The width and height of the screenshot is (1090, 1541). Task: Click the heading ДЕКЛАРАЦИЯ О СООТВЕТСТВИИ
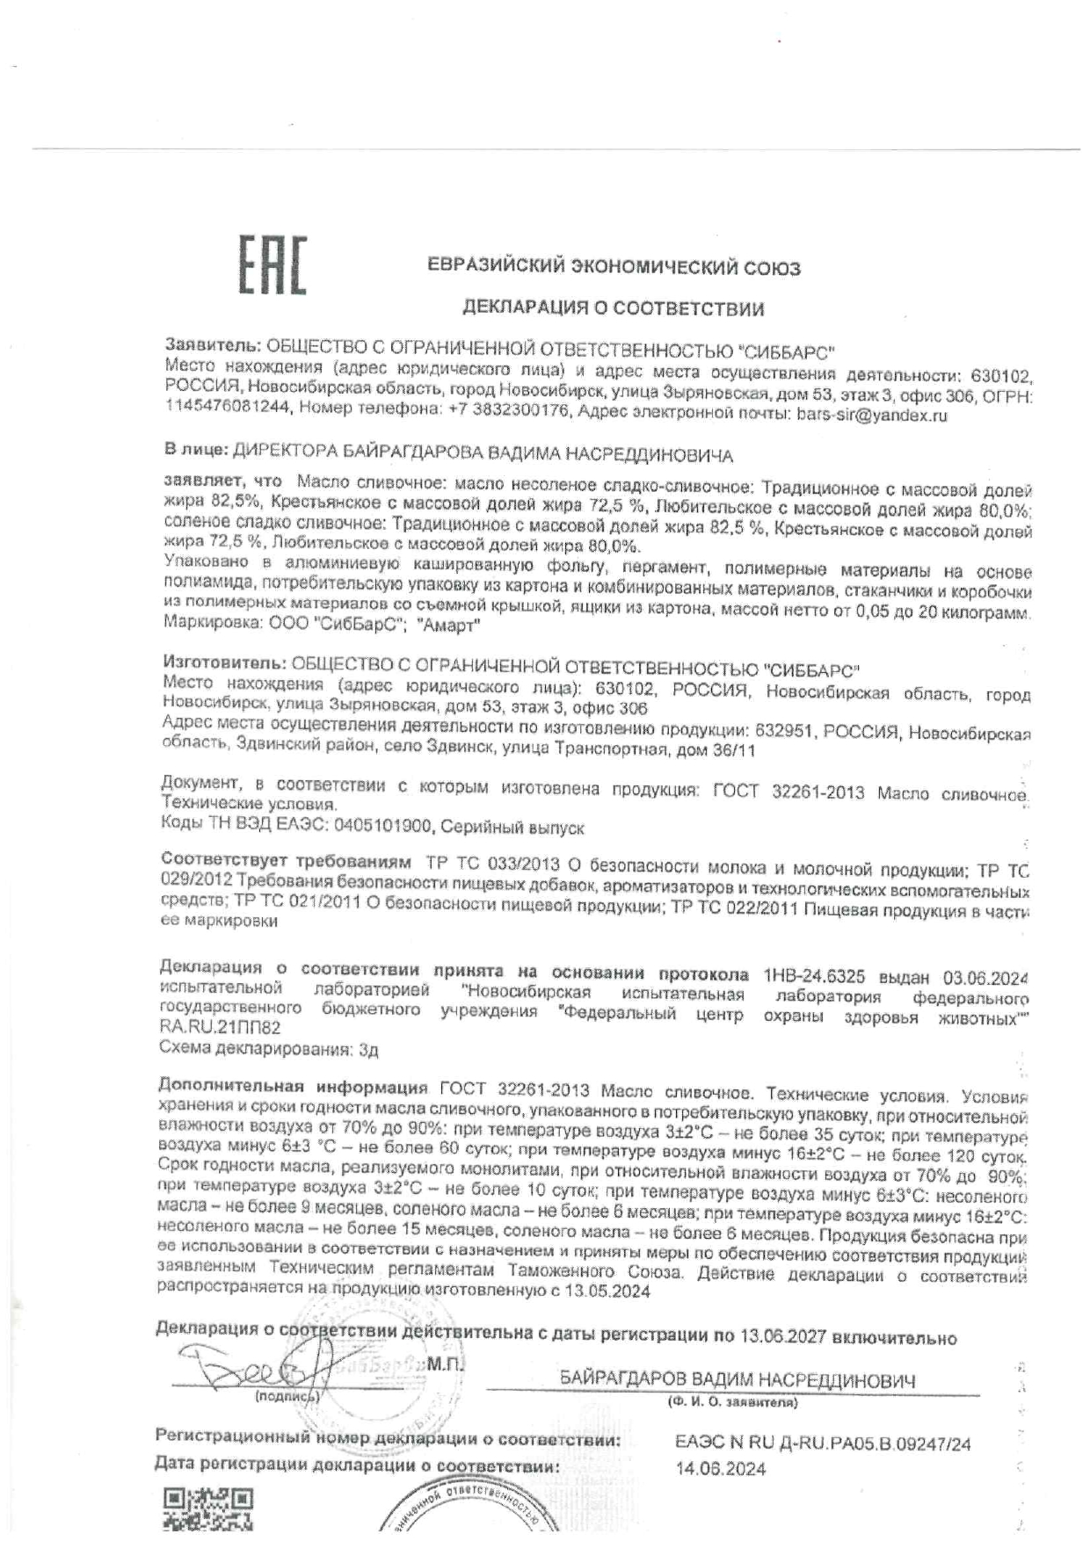[614, 308]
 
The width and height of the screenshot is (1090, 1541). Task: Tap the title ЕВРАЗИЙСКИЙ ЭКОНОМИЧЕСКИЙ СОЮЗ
[614, 267]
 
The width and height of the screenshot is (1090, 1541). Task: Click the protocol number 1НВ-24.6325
[815, 976]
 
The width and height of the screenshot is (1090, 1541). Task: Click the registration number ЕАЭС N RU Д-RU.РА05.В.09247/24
[823, 1443]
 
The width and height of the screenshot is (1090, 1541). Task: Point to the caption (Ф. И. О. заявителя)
[732, 1403]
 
